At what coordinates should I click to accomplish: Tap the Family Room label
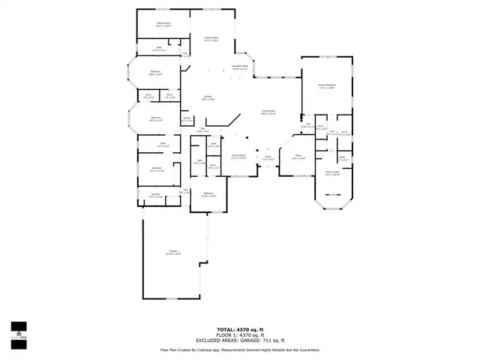(x=211, y=38)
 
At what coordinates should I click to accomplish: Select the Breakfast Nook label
(x=240, y=67)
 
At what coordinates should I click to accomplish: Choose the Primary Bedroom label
(x=326, y=86)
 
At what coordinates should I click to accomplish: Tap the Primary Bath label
(x=333, y=173)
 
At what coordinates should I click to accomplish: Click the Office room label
(x=298, y=157)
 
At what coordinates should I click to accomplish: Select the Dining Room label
(x=238, y=157)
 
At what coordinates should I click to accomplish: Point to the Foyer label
(x=268, y=158)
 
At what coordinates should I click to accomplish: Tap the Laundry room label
(x=156, y=195)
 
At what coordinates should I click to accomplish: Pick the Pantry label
(x=187, y=118)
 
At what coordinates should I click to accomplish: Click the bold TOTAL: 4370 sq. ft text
(x=240, y=329)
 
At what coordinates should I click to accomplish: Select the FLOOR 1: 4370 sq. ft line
(x=240, y=335)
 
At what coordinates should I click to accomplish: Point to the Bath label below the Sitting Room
(x=160, y=49)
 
